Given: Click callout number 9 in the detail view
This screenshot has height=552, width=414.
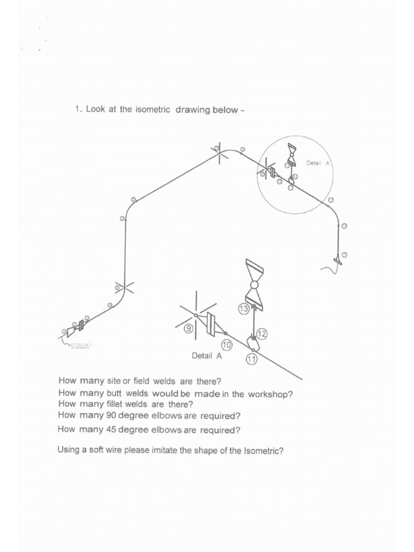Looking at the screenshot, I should [x=189, y=328].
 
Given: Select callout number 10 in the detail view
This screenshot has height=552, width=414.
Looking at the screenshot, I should [x=226, y=344].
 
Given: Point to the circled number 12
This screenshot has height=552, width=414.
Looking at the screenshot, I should [x=261, y=334].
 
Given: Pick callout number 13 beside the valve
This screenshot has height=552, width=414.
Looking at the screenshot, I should [x=243, y=308].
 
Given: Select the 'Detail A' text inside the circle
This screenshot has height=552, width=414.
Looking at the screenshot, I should [x=318, y=163].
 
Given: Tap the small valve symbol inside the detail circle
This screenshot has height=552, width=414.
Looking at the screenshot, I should [x=292, y=154].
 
